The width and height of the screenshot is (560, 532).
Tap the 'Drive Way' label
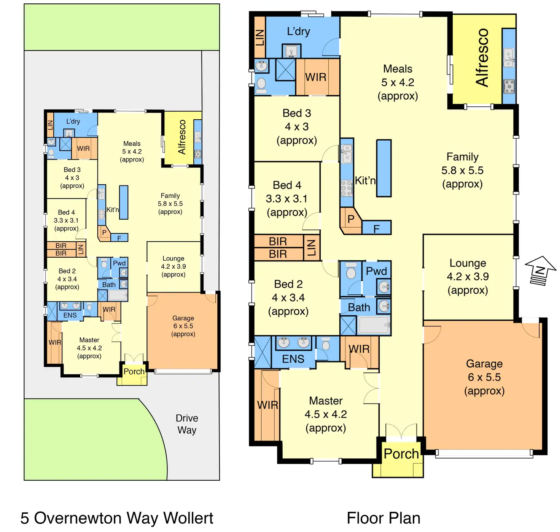[x=187, y=424]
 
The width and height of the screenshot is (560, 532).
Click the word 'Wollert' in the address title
[x=188, y=518]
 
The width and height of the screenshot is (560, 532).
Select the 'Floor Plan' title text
[x=383, y=518]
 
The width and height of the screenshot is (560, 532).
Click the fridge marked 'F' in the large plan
[x=376, y=228]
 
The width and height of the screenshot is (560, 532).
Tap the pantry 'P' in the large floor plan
[x=351, y=219]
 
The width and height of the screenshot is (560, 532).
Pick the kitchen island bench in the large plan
[x=384, y=168]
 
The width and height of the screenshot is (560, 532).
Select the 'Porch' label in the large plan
[x=401, y=454]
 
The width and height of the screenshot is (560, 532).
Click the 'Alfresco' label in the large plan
[x=482, y=58]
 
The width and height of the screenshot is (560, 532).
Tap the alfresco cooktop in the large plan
[x=509, y=87]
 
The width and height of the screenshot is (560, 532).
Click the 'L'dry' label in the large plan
[x=298, y=32]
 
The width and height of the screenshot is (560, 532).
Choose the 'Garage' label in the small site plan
[x=183, y=318]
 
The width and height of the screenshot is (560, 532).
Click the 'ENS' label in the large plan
[x=293, y=359]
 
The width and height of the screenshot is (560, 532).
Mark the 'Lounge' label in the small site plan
[x=173, y=258]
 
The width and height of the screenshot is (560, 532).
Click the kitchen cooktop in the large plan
[x=346, y=188]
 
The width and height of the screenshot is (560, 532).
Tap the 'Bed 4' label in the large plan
[x=287, y=185]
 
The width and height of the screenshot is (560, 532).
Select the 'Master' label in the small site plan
[x=89, y=340]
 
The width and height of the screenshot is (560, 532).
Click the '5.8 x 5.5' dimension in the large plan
[x=462, y=170]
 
